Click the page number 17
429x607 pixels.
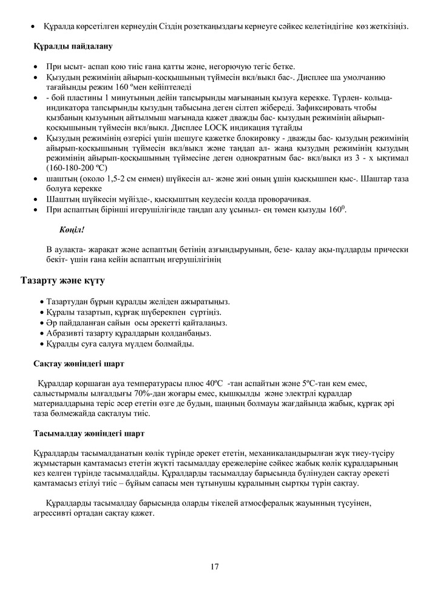pos(215,567)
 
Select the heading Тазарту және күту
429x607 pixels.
pos(63,282)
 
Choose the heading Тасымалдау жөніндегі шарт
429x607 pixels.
pos(88,434)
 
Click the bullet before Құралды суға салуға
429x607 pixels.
pos(41,344)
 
